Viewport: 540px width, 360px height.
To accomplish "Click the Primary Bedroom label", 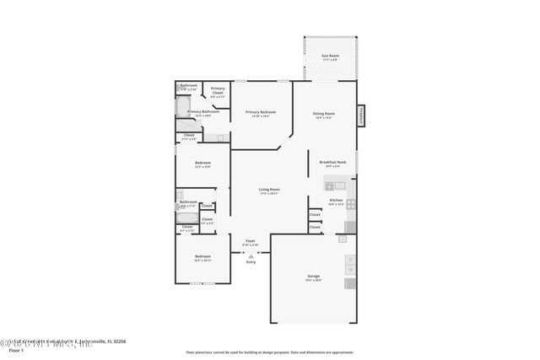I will pyautogui.click(x=261, y=112).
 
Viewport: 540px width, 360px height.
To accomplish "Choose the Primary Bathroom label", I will pyautogui.click(x=203, y=111).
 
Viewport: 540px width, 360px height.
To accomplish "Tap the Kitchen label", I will pyautogui.click(x=336, y=201).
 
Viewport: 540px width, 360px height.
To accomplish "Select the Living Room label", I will pyautogui.click(x=269, y=190).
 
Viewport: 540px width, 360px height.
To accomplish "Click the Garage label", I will pyautogui.click(x=313, y=276).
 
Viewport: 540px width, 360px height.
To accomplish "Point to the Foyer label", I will pyautogui.click(x=251, y=241).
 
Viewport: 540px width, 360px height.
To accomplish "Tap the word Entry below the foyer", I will pyautogui.click(x=251, y=262).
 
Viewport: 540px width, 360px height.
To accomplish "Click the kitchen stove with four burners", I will pyautogui.click(x=351, y=203).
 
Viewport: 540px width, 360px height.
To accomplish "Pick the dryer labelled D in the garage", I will pyautogui.click(x=351, y=260).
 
